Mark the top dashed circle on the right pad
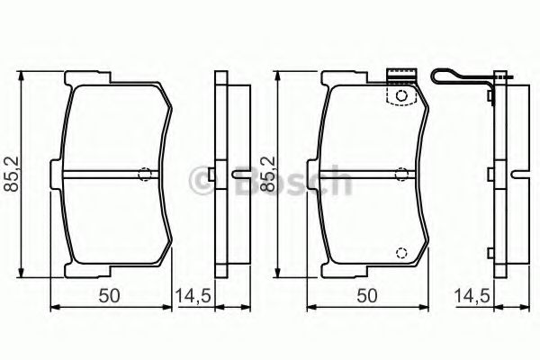tap(401, 94)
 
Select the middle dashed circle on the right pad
tap(402, 174)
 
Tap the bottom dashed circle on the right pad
tap(401, 253)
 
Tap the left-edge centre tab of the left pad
tap(59, 174)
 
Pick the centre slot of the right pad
tap(360, 174)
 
